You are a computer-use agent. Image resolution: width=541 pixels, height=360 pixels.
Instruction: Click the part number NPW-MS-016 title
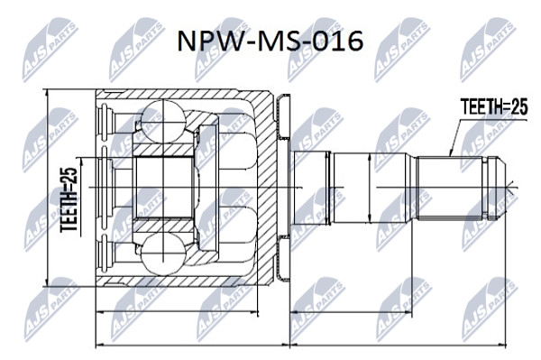pos(270,41)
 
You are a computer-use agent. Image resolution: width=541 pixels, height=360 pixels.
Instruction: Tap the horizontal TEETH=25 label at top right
pos(494,107)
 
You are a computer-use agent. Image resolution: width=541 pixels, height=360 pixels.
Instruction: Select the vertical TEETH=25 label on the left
pos(69,200)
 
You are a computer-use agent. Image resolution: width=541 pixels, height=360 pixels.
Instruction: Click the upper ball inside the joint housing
pos(161,121)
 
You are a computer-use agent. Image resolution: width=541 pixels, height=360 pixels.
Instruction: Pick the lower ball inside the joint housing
pos(161,254)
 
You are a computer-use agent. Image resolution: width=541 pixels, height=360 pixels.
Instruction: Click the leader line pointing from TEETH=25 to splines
pos(454,138)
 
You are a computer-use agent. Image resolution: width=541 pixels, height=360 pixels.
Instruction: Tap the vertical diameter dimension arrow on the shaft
pos(370,188)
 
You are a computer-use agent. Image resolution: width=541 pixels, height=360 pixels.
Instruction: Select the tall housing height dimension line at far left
pos(47,188)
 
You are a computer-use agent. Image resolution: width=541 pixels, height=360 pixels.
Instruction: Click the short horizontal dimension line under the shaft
pos(352,313)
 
